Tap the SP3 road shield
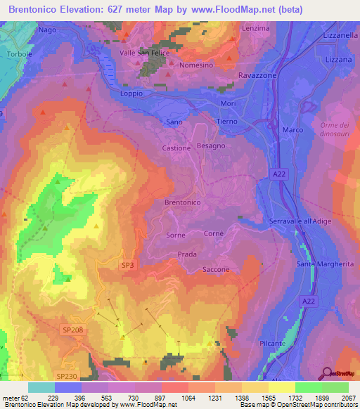[x=127, y=264]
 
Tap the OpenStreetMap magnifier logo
[x=328, y=374]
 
